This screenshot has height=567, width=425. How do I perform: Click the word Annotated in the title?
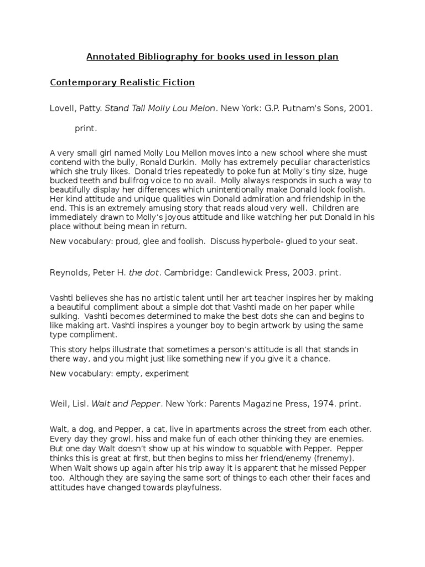pos(105,56)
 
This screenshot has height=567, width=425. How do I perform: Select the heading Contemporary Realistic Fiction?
pos(122,83)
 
